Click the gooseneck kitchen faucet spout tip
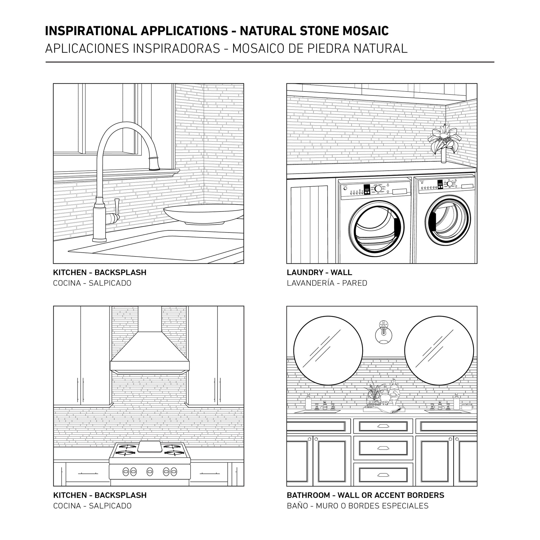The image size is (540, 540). (x=154, y=165)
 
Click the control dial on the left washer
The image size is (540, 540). (x=378, y=188)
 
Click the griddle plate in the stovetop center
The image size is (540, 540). (x=149, y=448)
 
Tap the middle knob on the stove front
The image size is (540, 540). (x=150, y=472)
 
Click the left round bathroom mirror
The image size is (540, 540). (x=328, y=350)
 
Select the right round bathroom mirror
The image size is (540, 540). (x=439, y=350)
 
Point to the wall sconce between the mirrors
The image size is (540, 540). (x=383, y=332)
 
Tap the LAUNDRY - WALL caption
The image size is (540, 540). (x=319, y=272)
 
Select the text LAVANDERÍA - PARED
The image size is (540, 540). (x=327, y=283)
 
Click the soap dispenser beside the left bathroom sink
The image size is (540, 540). (x=308, y=403)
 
